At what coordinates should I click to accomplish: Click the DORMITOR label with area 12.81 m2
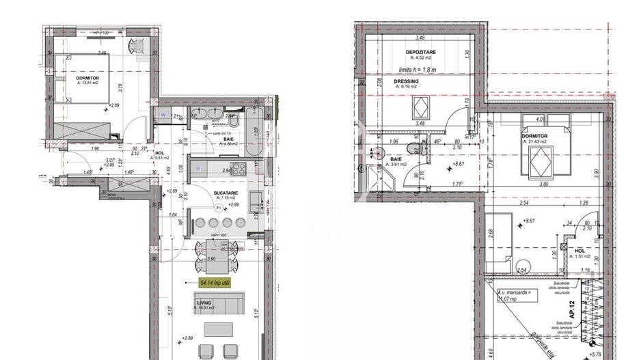[87, 80]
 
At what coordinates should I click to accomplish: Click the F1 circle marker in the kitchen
[219, 208]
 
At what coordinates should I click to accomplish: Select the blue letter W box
[163, 115]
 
